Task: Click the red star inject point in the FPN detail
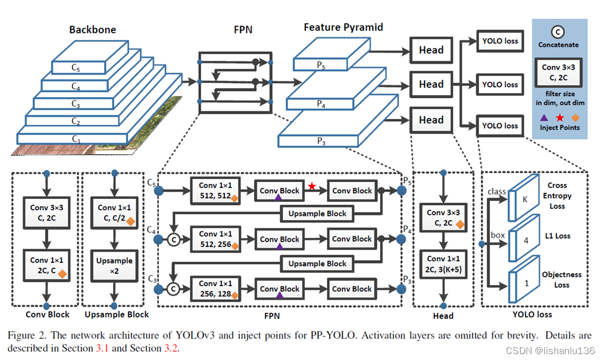pyautogui.click(x=312, y=186)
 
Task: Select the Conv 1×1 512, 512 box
pyautogui.click(x=215, y=190)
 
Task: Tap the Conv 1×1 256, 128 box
pyautogui.click(x=215, y=289)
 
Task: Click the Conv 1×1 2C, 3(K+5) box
pyautogui.click(x=443, y=264)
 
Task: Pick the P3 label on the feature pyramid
pyautogui.click(x=321, y=141)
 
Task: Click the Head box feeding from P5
pyautogui.click(x=431, y=50)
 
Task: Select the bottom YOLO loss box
pyautogui.click(x=500, y=126)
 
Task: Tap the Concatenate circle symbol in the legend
pyautogui.click(x=558, y=32)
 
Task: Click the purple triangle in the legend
pyautogui.click(x=544, y=117)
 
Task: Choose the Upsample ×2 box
pyautogui.click(x=114, y=265)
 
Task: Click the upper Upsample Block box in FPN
pyautogui.click(x=317, y=214)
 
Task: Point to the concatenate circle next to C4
pyautogui.click(x=174, y=239)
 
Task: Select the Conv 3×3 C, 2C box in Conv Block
pyautogui.click(x=46, y=213)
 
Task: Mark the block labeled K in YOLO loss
pyautogui.click(x=524, y=198)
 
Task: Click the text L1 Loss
pyautogui.click(x=558, y=236)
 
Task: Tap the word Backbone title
pyautogui.click(x=92, y=30)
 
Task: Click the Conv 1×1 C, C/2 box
pyautogui.click(x=114, y=213)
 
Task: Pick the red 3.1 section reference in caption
pyautogui.click(x=102, y=348)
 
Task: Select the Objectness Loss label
pyautogui.click(x=562, y=280)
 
